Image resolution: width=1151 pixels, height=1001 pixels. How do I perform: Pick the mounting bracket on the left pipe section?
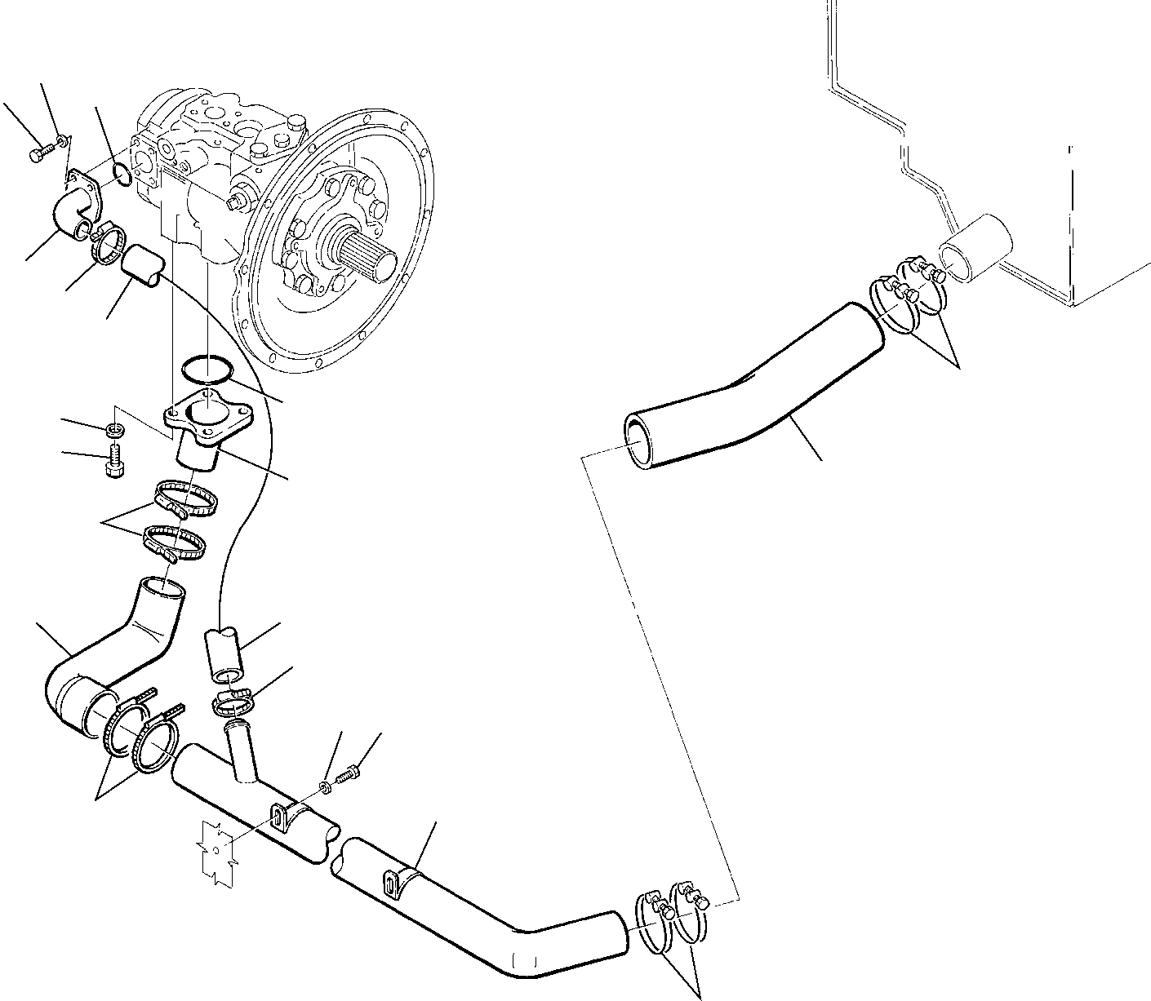(278, 817)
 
